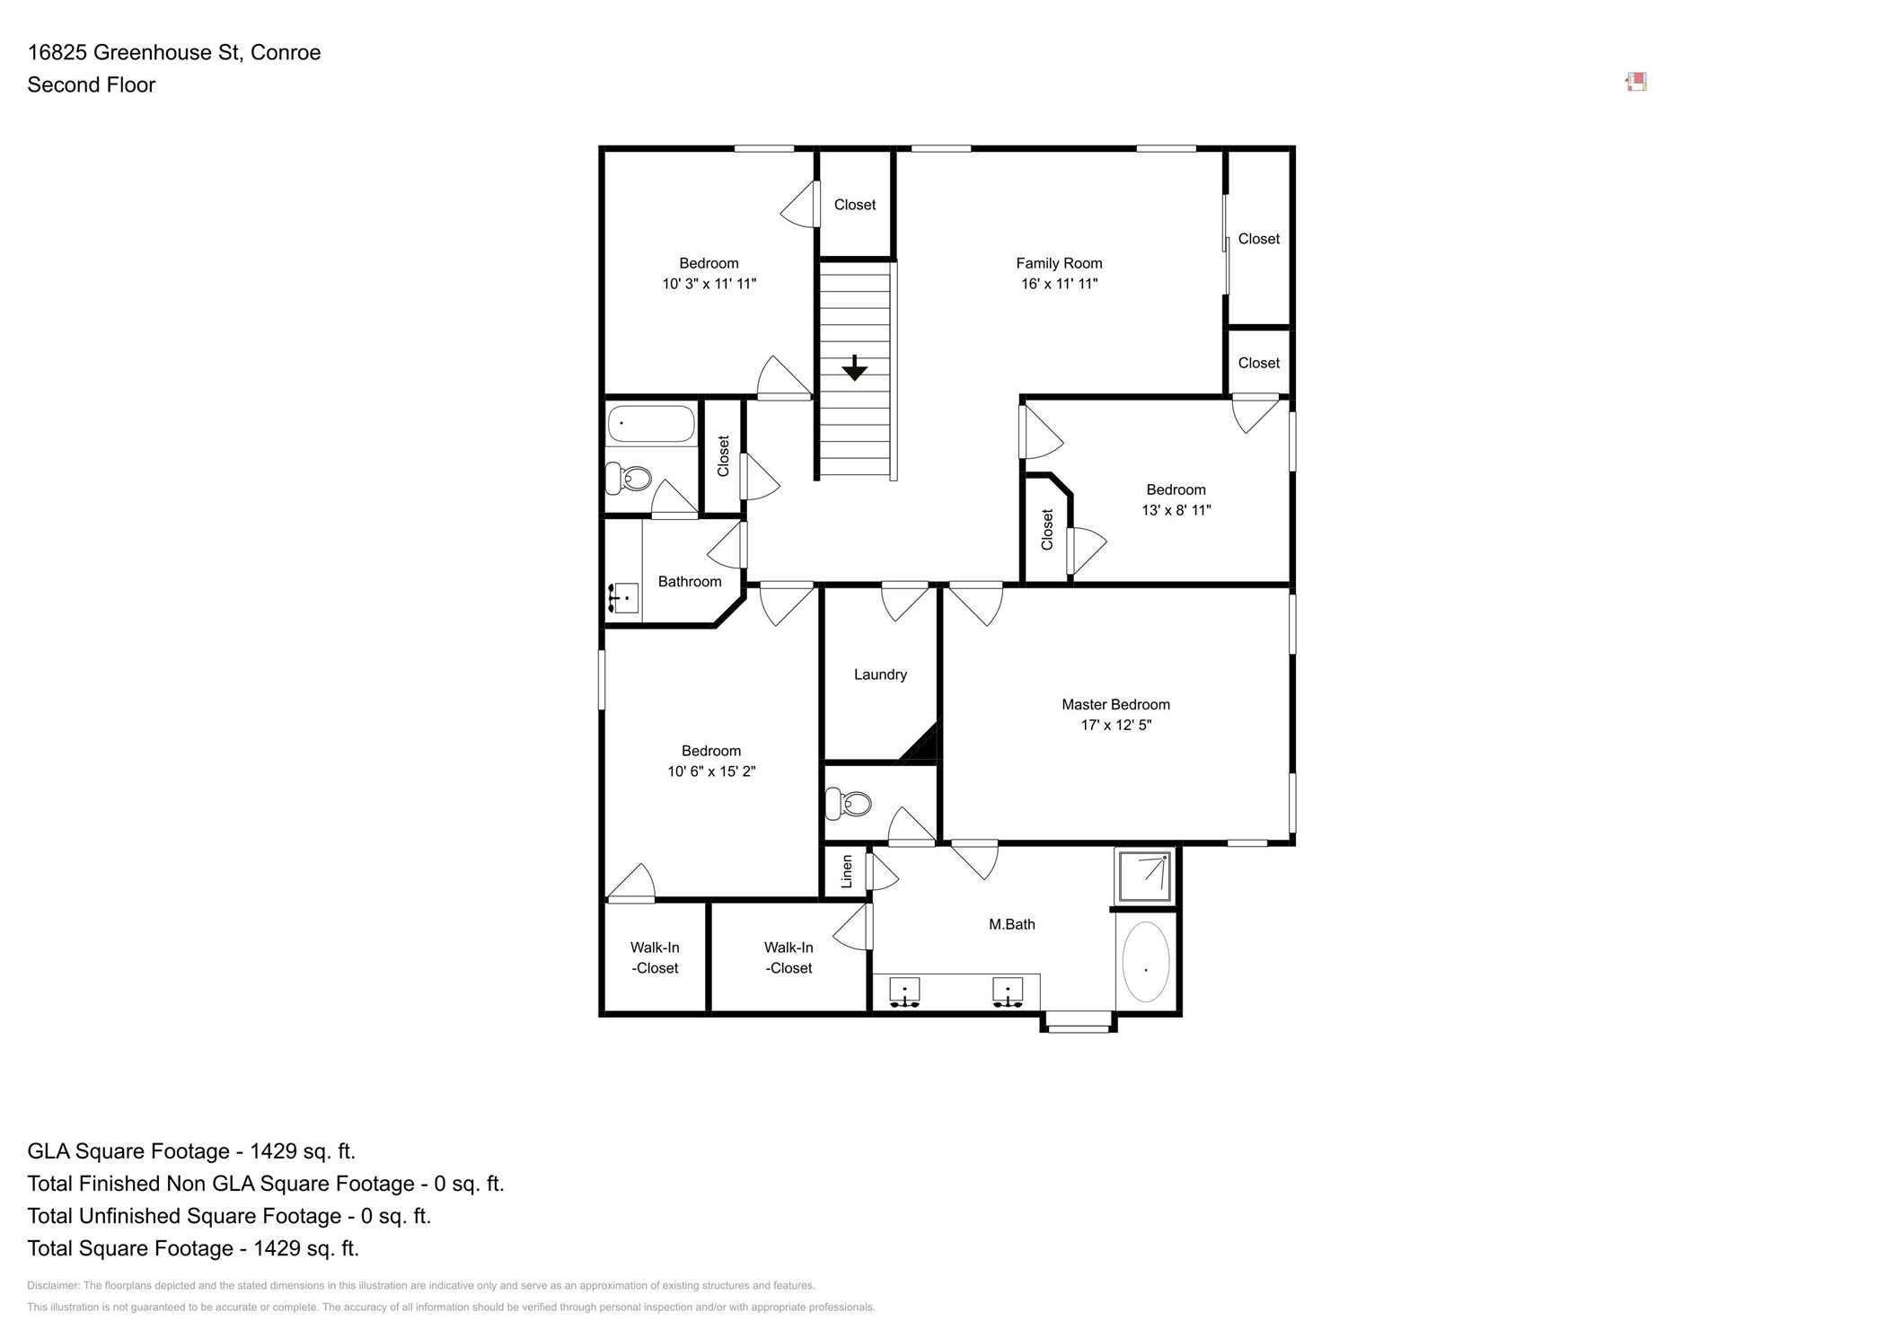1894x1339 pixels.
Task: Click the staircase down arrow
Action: click(x=854, y=368)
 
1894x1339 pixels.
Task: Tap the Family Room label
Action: click(x=1058, y=263)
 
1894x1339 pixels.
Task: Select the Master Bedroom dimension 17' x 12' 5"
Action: click(x=1115, y=725)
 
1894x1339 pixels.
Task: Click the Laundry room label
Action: click(x=880, y=674)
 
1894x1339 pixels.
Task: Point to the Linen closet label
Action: click(x=846, y=871)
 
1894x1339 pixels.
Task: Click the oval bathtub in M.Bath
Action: click(x=1145, y=962)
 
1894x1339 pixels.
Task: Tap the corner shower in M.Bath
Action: click(x=1144, y=877)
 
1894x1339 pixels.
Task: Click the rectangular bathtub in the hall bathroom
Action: click(x=650, y=424)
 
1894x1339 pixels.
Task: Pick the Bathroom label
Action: click(x=689, y=582)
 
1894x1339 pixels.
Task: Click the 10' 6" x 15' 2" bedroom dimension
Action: click(x=710, y=771)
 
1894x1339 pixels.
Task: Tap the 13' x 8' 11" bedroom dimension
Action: click(x=1176, y=510)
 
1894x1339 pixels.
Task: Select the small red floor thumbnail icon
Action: click(x=1636, y=83)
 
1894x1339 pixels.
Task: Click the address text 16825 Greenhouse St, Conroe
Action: click(x=174, y=53)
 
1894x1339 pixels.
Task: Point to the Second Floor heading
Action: click(x=92, y=85)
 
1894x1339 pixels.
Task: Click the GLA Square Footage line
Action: click(x=191, y=1151)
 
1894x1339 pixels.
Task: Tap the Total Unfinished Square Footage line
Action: click(x=229, y=1216)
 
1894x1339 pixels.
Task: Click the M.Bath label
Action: click(x=1011, y=924)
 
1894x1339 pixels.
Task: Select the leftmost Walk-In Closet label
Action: click(x=654, y=957)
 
